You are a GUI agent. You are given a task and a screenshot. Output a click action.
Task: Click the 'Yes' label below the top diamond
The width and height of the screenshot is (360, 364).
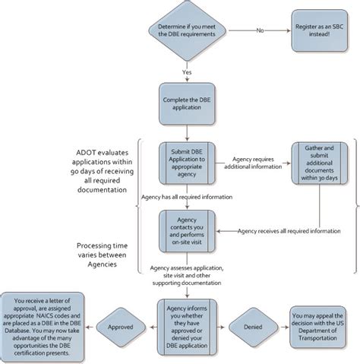point(186,72)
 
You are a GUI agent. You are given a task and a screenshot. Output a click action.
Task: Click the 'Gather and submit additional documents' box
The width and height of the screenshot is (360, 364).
point(318,162)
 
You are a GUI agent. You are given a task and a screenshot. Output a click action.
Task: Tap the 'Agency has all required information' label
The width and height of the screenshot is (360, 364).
point(187,196)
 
